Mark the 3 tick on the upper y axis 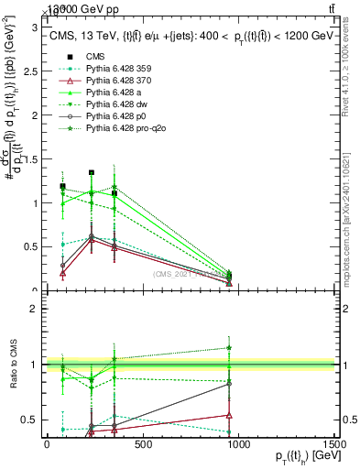(x=35, y=28)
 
